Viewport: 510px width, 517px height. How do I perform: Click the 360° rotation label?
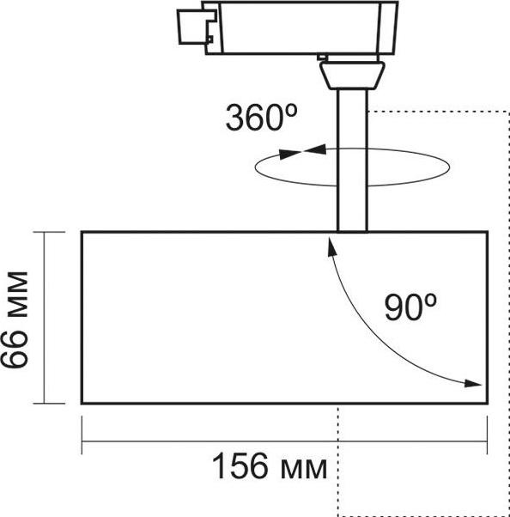pos(261,118)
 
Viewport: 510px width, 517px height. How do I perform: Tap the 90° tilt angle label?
pos(410,307)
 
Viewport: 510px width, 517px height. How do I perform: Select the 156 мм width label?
pos(270,465)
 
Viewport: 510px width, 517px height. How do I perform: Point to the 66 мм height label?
pos(15,319)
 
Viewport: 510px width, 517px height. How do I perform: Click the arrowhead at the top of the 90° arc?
pos(332,247)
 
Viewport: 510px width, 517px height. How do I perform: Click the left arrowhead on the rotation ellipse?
pos(290,155)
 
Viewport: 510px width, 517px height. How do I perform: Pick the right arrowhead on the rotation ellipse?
pos(315,149)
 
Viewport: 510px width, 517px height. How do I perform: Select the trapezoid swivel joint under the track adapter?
pos(352,76)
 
